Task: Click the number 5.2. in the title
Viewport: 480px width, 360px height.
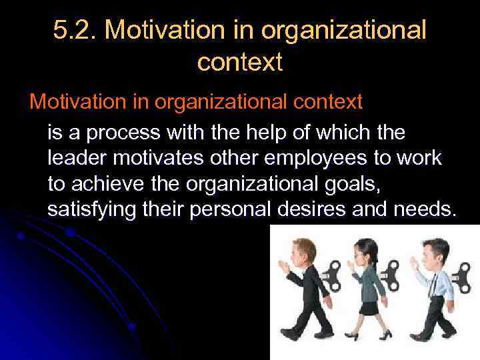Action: [x=75, y=30]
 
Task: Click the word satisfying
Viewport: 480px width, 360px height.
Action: [x=94, y=209]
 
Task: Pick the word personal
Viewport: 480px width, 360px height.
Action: [x=229, y=209]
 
